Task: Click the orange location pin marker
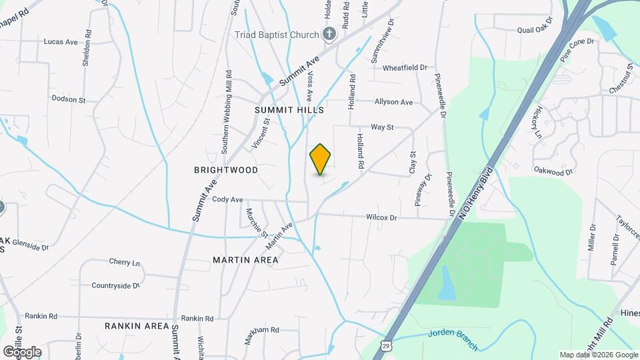[321, 159]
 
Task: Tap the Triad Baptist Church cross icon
[328, 34]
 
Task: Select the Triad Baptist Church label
[277, 34]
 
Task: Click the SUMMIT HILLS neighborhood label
[289, 109]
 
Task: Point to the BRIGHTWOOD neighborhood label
[226, 170]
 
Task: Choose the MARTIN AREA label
[245, 260]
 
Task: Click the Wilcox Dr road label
[381, 217]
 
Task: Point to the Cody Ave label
[227, 199]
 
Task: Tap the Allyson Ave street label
[393, 102]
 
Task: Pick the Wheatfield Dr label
[405, 67]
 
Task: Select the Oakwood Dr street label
[553, 171]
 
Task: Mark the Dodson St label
[69, 100]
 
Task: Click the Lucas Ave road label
[61, 41]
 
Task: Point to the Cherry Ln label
[125, 262]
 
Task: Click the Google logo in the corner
[21, 351]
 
